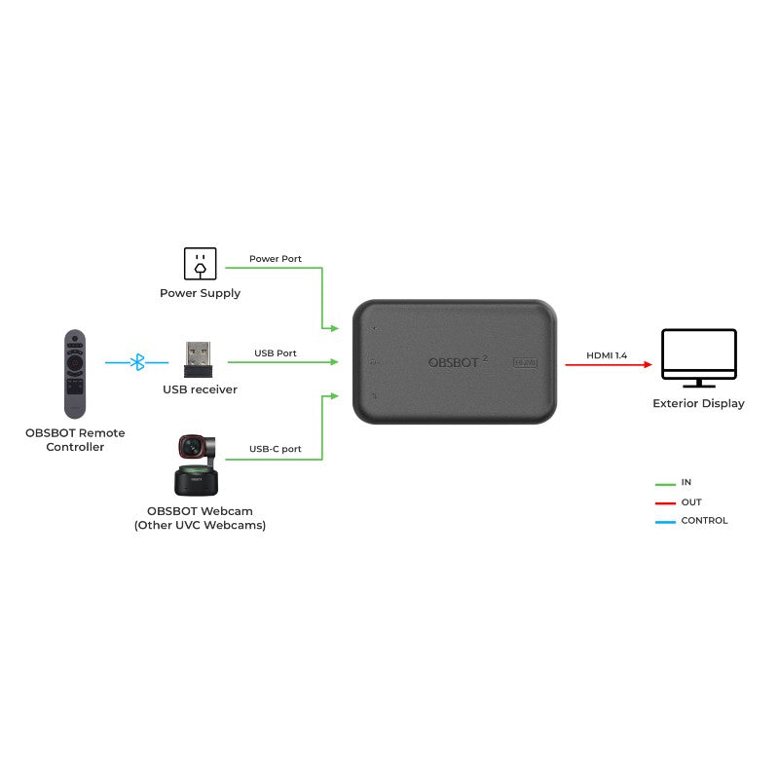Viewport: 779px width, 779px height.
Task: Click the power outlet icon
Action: tap(200, 263)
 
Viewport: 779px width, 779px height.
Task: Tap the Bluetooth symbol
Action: tap(138, 362)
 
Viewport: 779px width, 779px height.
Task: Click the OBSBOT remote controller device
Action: tap(75, 373)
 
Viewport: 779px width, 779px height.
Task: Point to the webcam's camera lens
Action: tap(191, 447)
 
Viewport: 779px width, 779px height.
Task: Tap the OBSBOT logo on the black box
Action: tap(456, 362)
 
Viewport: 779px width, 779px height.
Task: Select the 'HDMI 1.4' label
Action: tap(606, 355)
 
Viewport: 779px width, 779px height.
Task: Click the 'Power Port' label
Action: tap(276, 259)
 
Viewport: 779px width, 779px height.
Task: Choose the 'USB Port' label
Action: tap(276, 352)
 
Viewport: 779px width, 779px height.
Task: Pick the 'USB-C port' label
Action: tap(276, 449)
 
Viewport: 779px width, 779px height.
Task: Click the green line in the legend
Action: tap(665, 484)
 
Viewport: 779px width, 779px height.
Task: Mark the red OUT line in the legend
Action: tap(665, 502)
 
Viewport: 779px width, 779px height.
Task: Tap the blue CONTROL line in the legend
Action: tap(665, 521)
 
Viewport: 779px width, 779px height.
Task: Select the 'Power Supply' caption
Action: tap(200, 293)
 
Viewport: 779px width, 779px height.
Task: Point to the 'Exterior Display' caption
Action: tap(698, 403)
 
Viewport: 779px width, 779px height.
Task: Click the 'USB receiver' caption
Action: tap(200, 389)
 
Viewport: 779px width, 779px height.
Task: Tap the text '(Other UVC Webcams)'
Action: tap(200, 525)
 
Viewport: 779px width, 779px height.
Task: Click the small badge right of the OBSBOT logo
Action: tap(526, 362)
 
